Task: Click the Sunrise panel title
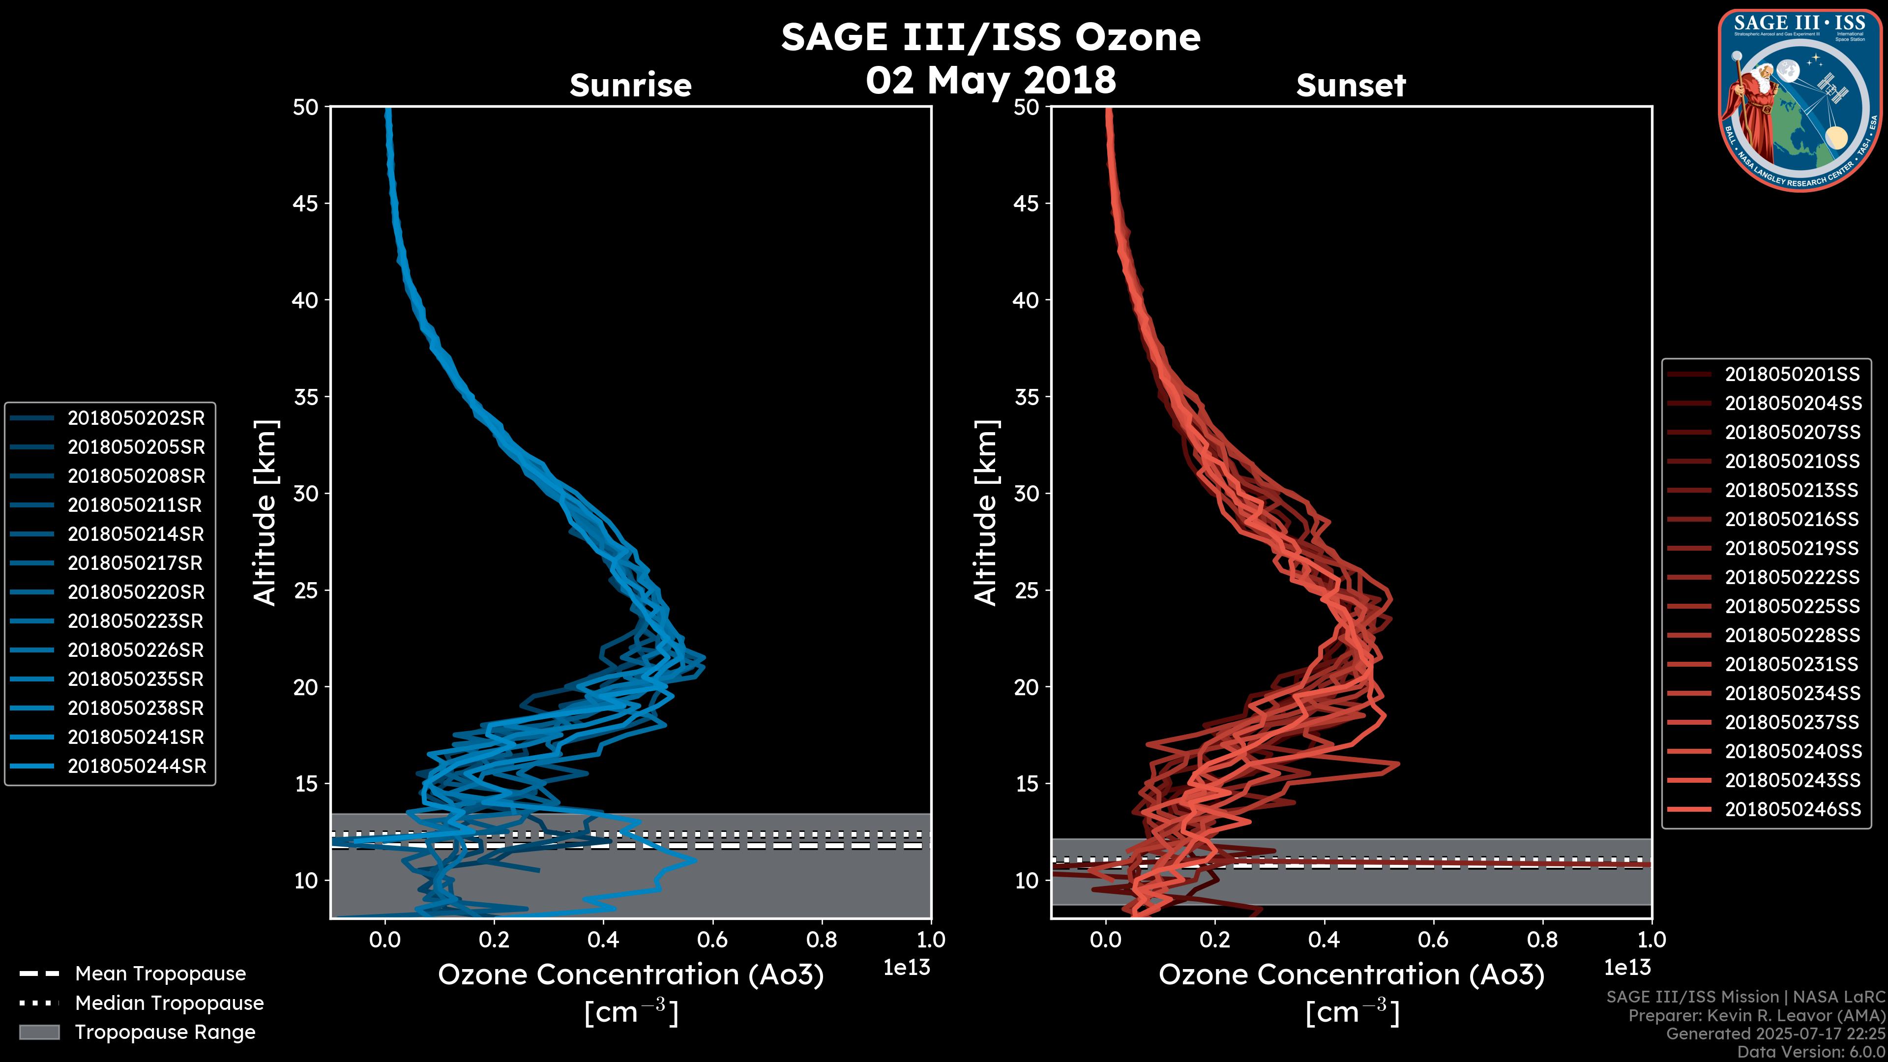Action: point(630,85)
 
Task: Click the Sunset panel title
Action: point(1351,85)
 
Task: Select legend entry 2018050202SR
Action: point(136,418)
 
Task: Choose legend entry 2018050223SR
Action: point(136,621)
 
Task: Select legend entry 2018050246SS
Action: point(1793,809)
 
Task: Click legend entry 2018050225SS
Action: point(1792,606)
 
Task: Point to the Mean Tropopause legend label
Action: point(160,973)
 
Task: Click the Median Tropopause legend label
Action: point(169,1003)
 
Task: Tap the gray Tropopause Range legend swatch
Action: point(39,1032)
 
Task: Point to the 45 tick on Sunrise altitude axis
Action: point(306,203)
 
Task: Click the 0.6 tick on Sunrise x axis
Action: point(712,940)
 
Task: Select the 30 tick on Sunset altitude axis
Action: point(1026,493)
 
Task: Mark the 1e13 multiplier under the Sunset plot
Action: point(1627,968)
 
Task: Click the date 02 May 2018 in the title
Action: point(990,80)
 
